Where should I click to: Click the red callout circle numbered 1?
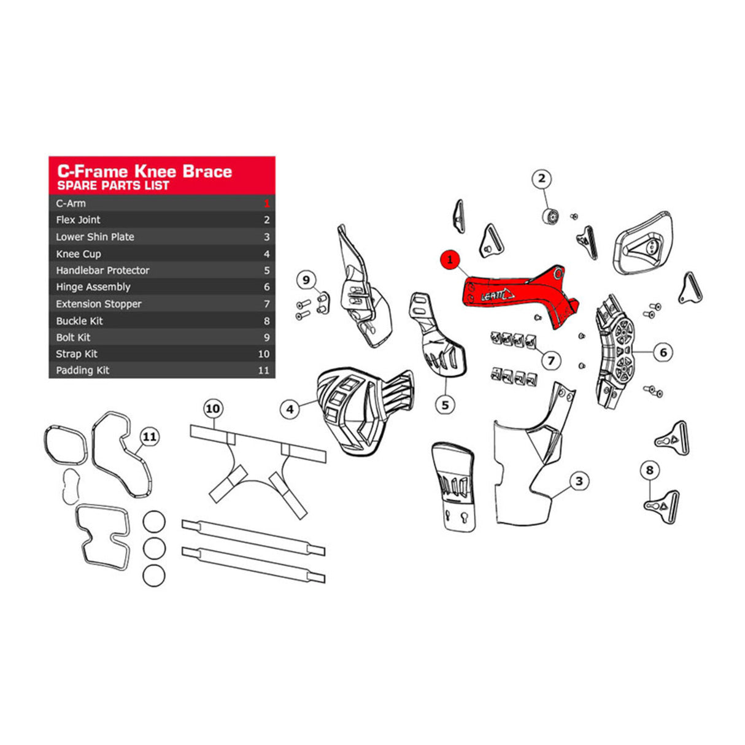click(x=450, y=260)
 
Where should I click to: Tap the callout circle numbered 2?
click(x=541, y=179)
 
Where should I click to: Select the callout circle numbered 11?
click(x=149, y=437)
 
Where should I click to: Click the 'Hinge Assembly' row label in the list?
click(x=93, y=287)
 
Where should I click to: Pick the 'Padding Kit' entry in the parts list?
click(x=83, y=371)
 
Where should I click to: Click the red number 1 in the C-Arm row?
click(x=266, y=204)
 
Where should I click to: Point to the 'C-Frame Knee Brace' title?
click(x=144, y=171)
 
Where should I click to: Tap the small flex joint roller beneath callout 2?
click(x=550, y=217)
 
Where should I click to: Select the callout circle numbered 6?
click(x=663, y=352)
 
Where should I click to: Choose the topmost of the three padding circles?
click(x=154, y=522)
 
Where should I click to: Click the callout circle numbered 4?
click(x=290, y=409)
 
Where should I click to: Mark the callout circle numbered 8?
click(x=649, y=471)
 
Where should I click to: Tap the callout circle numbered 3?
click(x=579, y=482)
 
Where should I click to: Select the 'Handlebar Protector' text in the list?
click(x=102, y=271)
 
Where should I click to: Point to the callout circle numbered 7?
click(x=550, y=361)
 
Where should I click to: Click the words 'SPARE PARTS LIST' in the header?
click(x=113, y=185)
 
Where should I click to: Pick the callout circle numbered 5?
click(x=445, y=404)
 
